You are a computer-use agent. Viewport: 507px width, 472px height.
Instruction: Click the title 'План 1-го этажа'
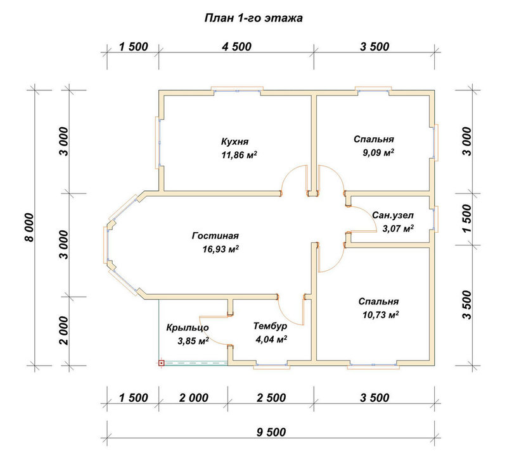click(253, 18)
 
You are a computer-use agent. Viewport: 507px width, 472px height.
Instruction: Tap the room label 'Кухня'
click(234, 141)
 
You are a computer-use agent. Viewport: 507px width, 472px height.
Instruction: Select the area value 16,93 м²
click(221, 249)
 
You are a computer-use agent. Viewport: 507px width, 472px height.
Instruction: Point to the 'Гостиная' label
click(215, 235)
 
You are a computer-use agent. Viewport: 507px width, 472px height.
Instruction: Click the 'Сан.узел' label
click(393, 215)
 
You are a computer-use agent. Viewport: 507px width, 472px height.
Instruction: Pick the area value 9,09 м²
click(378, 152)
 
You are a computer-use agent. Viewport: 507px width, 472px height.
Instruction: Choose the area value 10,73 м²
click(380, 314)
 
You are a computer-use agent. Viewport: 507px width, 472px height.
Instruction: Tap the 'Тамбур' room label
click(270, 326)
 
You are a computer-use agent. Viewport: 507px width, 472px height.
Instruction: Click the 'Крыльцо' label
click(188, 328)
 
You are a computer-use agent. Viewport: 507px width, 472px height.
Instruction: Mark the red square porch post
click(162, 363)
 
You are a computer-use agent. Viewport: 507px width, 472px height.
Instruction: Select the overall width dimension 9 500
click(271, 432)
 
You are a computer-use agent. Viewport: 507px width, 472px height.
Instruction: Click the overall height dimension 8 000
click(29, 227)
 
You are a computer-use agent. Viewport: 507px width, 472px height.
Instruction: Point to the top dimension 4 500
click(236, 47)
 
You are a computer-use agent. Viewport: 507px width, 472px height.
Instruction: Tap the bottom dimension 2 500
click(271, 398)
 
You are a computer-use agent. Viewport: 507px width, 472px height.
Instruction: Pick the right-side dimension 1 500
click(467, 218)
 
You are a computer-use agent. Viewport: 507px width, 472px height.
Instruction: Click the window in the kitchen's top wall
click(237, 90)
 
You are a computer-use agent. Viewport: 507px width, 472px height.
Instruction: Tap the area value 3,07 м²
click(398, 228)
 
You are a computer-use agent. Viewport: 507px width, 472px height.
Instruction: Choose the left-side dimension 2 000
click(64, 331)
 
